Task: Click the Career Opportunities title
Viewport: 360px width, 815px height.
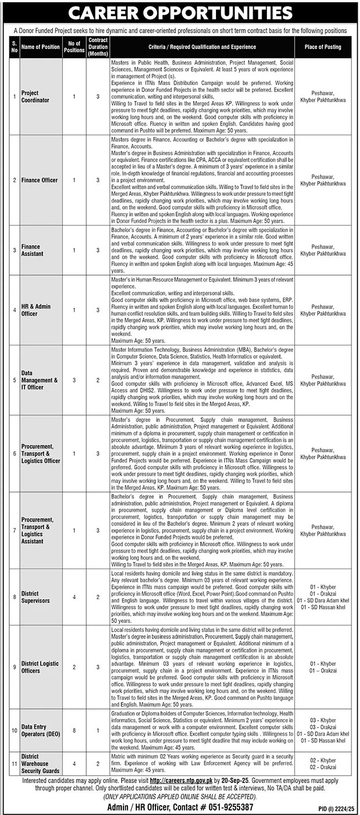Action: point(179,12)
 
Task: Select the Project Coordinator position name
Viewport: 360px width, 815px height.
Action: point(35,96)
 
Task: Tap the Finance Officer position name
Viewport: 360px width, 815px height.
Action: point(39,180)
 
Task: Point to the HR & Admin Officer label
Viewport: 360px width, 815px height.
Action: point(36,310)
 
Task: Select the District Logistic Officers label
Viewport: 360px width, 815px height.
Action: point(41,665)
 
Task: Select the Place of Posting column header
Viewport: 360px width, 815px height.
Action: point(323,47)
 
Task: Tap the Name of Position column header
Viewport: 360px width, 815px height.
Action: point(41,47)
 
